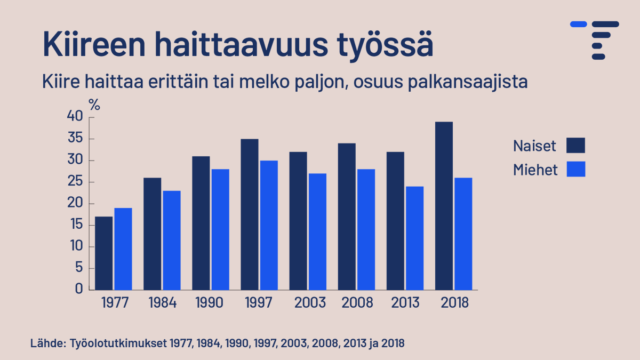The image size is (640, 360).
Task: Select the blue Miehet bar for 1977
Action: coord(123,249)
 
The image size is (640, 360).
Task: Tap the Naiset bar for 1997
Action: coord(250,214)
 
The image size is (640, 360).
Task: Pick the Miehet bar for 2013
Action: coord(414,238)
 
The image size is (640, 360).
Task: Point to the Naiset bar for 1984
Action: coord(153,233)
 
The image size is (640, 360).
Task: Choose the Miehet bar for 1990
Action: coord(220,229)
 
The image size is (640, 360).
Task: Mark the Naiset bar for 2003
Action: coord(298,220)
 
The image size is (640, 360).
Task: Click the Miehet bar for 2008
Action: coord(366,229)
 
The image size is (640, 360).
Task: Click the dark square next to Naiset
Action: coord(576,145)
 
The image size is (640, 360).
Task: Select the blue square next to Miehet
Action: coord(576,169)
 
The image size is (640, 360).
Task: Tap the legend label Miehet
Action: coord(535,170)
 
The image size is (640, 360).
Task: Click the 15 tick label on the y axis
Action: coord(75,225)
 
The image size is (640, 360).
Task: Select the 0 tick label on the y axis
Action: coord(79,290)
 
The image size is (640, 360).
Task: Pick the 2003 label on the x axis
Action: coord(310,303)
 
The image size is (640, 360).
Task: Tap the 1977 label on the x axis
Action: coord(115,303)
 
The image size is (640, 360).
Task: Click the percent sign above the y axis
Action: coord(94,105)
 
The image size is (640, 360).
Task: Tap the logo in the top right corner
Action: coord(595,40)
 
